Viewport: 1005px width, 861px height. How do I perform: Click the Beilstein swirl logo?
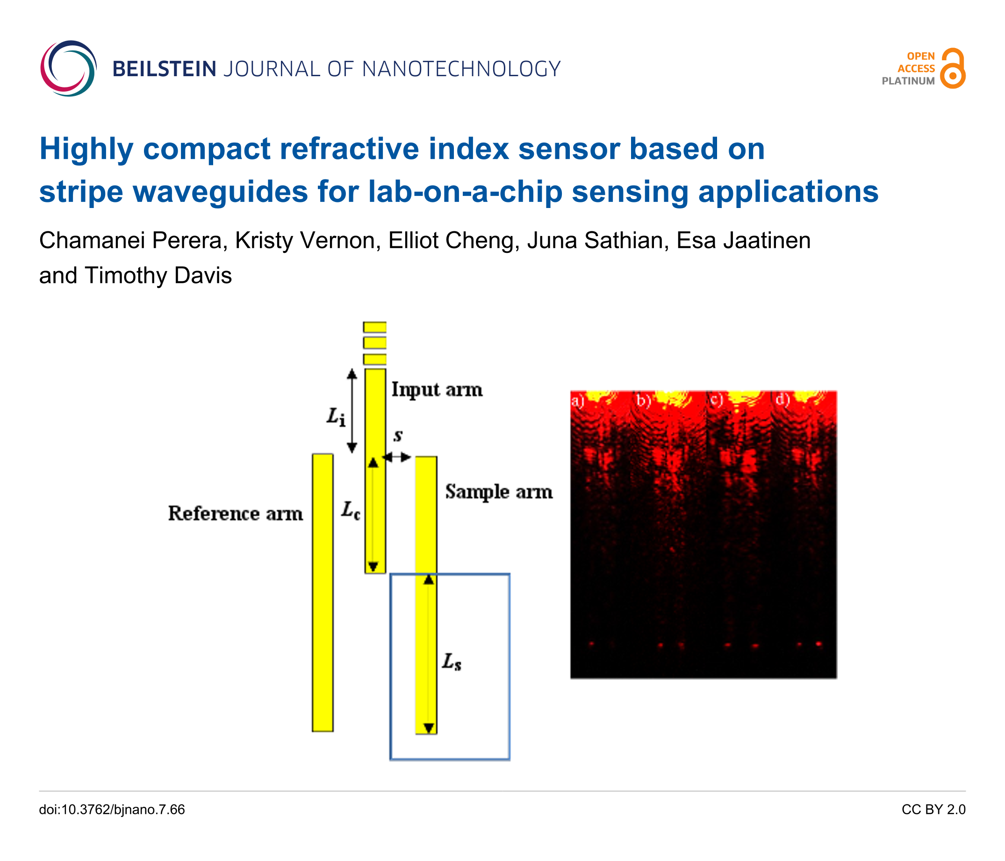point(68,68)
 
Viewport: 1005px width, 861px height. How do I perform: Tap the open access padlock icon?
point(953,68)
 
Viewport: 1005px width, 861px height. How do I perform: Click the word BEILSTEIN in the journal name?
point(165,69)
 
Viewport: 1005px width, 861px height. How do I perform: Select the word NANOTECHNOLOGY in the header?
point(461,69)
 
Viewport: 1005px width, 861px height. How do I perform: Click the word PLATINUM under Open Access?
point(908,81)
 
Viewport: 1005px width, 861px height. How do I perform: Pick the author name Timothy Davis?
point(158,275)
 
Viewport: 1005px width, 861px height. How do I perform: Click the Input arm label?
point(437,390)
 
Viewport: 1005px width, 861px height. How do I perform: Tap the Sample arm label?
point(499,492)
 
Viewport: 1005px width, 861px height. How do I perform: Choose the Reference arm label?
point(235,513)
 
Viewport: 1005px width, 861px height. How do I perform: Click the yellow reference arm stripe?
point(323,592)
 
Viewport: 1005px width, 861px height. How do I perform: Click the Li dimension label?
point(336,416)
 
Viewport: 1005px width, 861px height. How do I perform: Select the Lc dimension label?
point(350,510)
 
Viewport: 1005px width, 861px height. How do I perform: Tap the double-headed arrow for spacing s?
point(397,457)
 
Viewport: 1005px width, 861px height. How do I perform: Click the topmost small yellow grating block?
point(375,327)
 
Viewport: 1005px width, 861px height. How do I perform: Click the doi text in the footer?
point(112,810)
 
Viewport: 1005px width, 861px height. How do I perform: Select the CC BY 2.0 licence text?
point(933,810)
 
